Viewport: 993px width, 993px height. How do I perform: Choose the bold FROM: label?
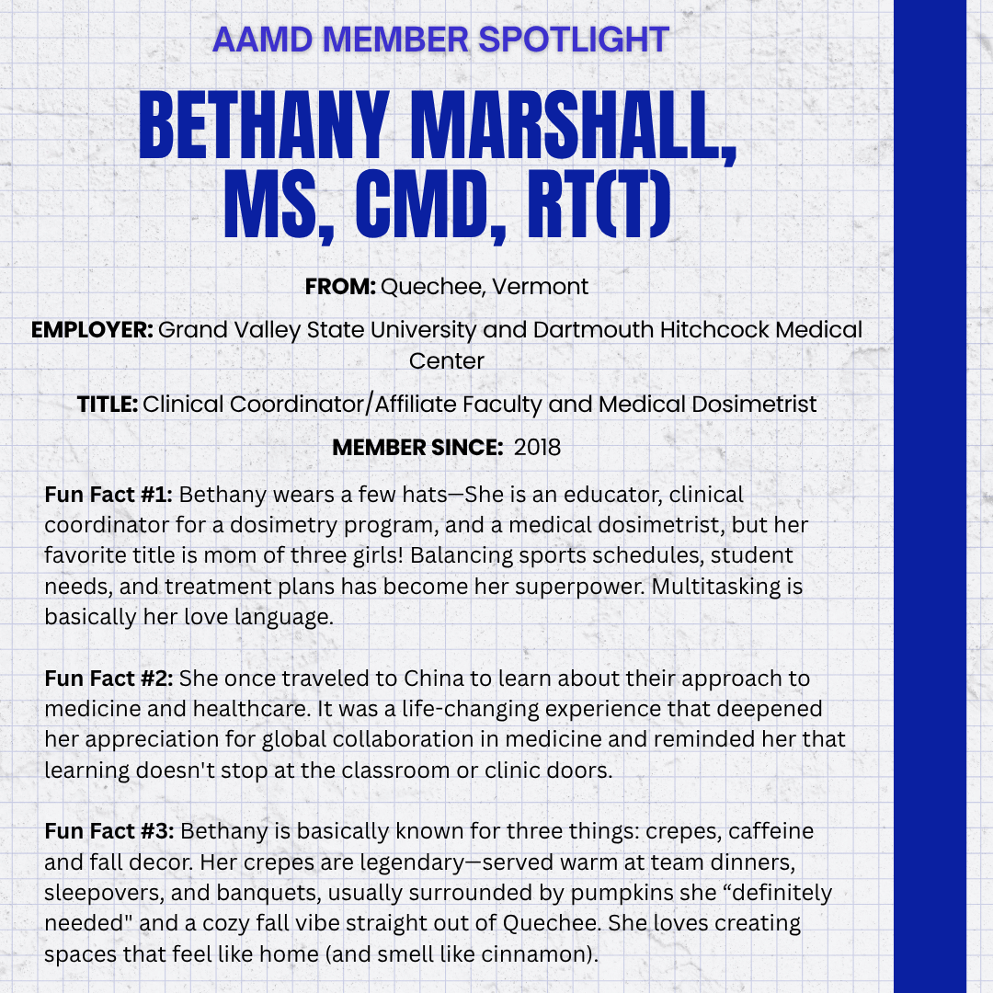340,286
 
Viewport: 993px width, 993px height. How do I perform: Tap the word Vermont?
541,286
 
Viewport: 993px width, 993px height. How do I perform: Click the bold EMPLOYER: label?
92,329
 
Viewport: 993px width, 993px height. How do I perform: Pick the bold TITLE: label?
107,404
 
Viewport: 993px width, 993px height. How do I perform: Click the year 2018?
537,448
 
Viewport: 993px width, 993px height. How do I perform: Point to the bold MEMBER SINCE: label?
417,448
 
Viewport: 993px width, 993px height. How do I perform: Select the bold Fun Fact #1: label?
108,495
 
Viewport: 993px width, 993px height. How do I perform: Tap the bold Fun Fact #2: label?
108,679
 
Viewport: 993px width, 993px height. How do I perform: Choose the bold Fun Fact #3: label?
108,831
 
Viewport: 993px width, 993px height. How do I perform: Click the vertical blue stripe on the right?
930,496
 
